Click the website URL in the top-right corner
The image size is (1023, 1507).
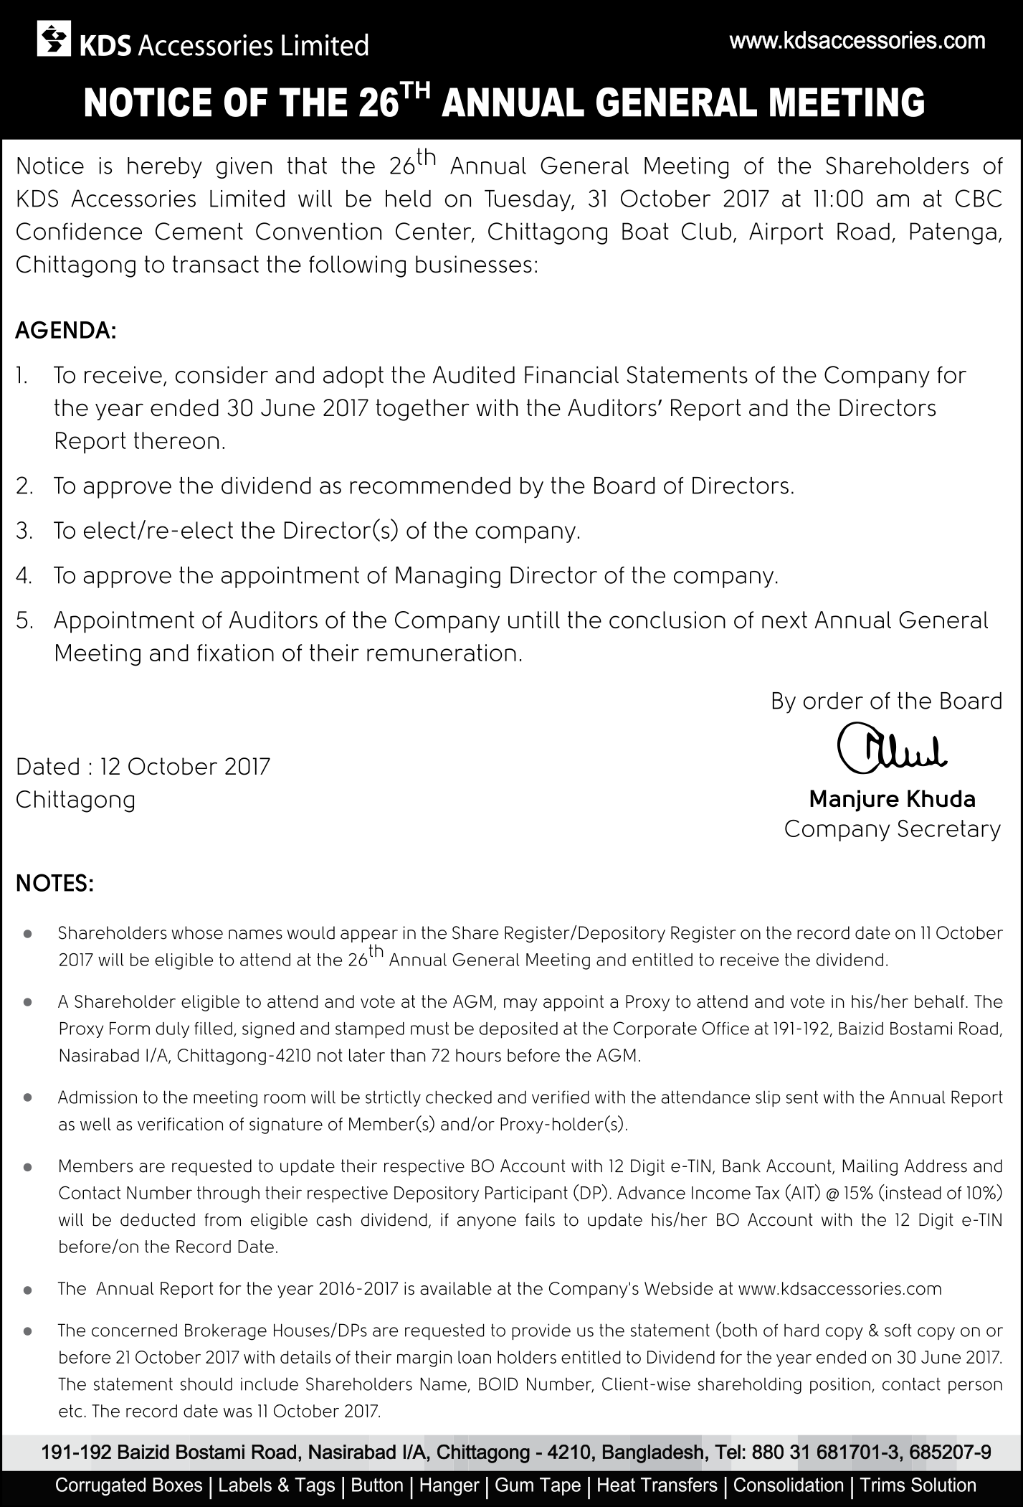point(857,40)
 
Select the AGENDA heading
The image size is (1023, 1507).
point(65,331)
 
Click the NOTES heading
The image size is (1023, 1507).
point(54,883)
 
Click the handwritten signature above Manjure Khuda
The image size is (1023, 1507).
point(892,750)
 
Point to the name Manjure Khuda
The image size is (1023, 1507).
point(892,798)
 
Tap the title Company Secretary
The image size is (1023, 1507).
point(892,828)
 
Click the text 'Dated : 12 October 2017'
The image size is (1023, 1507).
point(143,767)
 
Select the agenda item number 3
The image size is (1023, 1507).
point(24,532)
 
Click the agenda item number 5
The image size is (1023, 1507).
point(24,620)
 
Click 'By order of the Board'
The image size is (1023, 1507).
point(886,701)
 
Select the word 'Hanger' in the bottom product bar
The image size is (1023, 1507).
point(449,1485)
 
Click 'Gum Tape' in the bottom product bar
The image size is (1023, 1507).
point(538,1485)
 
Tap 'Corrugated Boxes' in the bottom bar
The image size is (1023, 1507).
point(129,1485)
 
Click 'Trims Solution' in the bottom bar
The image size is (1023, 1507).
point(918,1485)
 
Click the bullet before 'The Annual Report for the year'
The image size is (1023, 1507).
point(28,1290)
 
